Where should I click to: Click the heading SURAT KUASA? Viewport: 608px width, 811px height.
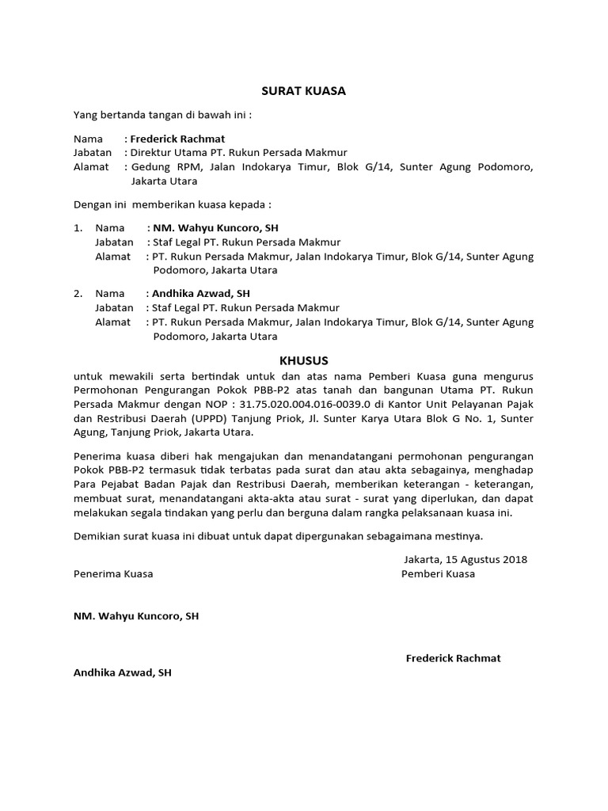click(x=303, y=91)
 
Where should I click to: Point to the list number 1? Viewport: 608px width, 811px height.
click(x=78, y=228)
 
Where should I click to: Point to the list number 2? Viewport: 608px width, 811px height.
click(x=78, y=293)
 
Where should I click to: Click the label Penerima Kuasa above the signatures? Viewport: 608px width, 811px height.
click(x=113, y=574)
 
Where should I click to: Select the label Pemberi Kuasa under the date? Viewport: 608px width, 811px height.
click(x=438, y=574)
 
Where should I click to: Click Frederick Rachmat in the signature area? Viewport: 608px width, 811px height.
click(x=453, y=658)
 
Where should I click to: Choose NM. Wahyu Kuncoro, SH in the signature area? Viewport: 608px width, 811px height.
click(x=136, y=615)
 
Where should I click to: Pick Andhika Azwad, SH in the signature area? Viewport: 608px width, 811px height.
click(x=122, y=673)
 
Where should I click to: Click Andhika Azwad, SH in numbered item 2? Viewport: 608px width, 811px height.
click(x=201, y=293)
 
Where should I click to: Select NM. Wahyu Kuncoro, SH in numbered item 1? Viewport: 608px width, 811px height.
click(x=215, y=228)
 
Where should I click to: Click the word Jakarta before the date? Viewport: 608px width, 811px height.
click(x=423, y=559)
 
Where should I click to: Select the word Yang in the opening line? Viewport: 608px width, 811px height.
click(x=85, y=115)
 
